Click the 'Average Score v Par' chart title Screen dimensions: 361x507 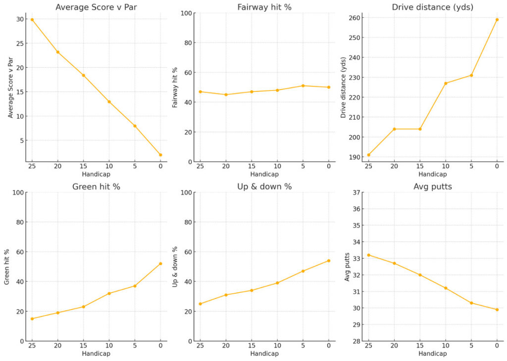click(x=96, y=7)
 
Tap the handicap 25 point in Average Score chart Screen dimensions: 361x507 click(x=32, y=19)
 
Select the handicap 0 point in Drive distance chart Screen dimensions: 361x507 click(x=497, y=20)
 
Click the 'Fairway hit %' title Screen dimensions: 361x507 click(x=264, y=7)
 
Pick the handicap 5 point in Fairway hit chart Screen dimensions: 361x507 click(x=303, y=86)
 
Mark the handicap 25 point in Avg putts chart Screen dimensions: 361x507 click(x=368, y=255)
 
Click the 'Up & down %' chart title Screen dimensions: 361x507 click(x=264, y=186)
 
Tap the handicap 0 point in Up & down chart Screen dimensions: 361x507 click(x=329, y=261)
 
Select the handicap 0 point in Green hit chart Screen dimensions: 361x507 click(x=160, y=264)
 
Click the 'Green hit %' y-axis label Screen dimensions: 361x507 click(x=7, y=267)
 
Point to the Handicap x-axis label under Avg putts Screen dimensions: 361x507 click(x=432, y=354)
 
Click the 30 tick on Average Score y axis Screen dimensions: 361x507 click(x=18, y=19)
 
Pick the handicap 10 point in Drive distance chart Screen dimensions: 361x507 click(x=446, y=83)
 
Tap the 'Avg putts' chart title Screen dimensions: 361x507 click(x=432, y=186)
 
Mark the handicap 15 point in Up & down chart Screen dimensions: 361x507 click(x=252, y=290)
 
